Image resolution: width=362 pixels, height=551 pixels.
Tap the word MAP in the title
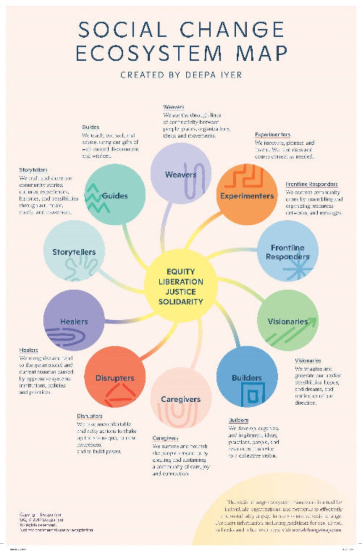(261, 53)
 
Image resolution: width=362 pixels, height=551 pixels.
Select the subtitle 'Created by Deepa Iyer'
(181, 75)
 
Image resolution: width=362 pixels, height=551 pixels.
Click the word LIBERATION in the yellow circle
(181, 281)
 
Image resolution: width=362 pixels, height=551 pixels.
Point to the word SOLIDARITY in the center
(181, 301)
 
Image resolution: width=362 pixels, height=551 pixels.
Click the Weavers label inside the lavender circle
(181, 174)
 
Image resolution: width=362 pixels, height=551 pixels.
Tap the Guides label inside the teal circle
(115, 196)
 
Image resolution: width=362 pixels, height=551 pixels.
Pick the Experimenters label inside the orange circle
(247, 196)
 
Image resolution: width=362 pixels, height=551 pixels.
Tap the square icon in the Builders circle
(253, 394)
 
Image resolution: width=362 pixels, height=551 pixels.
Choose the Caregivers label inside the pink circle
(181, 399)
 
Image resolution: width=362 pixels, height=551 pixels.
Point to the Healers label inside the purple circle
(74, 321)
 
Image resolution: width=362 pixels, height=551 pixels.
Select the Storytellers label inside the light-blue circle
(74, 252)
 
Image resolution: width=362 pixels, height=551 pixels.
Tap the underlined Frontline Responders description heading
(311, 184)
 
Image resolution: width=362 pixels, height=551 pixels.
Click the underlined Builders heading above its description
(239, 420)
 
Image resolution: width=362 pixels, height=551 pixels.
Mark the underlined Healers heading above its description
(29, 350)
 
